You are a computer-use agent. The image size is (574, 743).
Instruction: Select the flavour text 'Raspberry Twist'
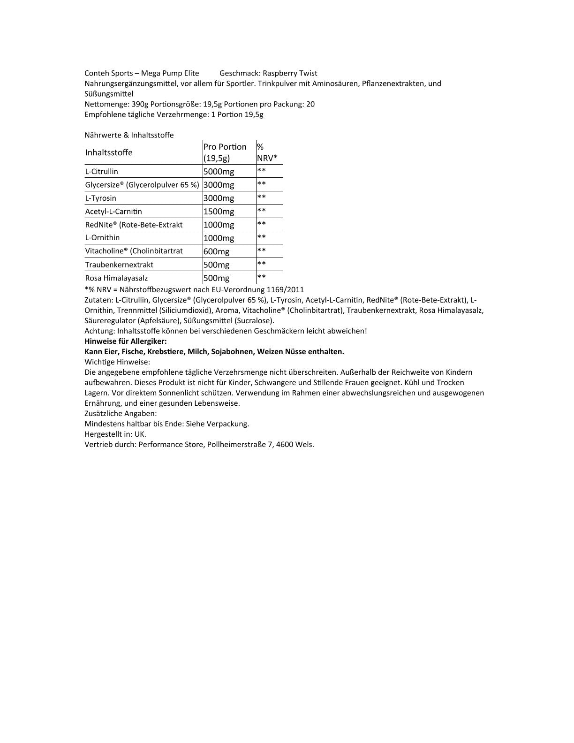(290, 73)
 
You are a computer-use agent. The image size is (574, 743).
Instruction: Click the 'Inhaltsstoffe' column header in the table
(109, 152)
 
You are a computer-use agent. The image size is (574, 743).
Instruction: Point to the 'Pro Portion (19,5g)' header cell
(225, 152)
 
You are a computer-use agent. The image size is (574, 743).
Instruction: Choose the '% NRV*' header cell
(267, 152)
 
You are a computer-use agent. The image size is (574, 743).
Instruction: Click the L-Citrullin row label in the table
(102, 172)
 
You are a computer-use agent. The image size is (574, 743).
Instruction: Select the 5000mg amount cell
(219, 172)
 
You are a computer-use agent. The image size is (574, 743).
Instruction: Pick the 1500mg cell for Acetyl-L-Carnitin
(219, 212)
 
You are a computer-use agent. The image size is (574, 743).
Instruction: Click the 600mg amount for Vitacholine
(216, 251)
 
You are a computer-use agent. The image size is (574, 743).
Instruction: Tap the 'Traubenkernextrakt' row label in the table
(119, 265)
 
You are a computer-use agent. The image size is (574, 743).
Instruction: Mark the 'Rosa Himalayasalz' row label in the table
(116, 278)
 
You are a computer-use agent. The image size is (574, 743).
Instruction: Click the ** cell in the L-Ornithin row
(262, 238)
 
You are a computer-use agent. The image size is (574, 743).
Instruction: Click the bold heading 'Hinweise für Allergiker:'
(125, 341)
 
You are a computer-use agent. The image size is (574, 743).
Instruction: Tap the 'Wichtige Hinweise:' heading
(117, 362)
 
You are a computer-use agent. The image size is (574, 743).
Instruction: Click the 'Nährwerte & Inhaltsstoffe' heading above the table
(129, 135)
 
